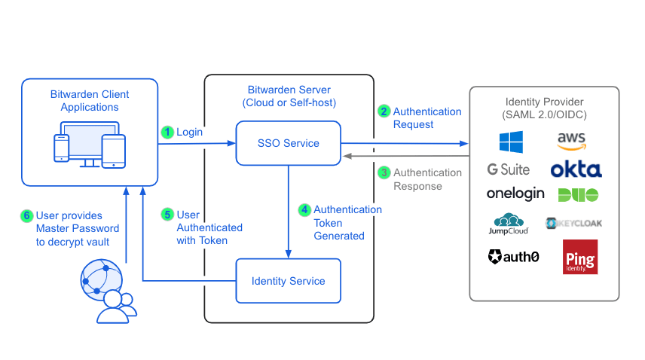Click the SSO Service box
coord(288,143)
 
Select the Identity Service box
coord(288,281)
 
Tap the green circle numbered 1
coord(167,132)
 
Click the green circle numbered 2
coord(384,111)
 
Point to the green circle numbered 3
coord(384,172)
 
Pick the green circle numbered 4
coord(304,209)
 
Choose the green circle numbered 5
coord(167,215)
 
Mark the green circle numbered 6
coord(27,215)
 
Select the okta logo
coord(576,169)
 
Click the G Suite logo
coord(509,169)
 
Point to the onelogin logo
coord(515,194)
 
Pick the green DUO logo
coord(578,194)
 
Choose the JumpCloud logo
coord(510,224)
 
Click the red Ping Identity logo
coord(579,257)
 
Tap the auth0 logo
coord(513,257)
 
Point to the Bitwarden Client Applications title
coord(89,101)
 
